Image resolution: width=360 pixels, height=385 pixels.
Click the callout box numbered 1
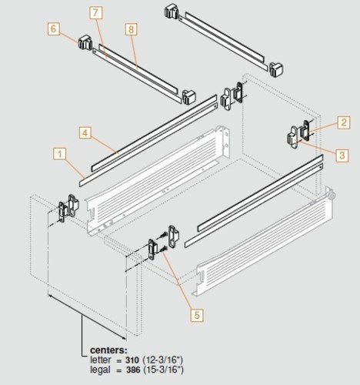click(x=58, y=153)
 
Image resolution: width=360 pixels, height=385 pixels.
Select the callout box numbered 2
click(x=343, y=121)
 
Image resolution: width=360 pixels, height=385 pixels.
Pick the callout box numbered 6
click(x=53, y=28)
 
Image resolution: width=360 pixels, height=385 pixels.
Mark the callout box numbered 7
click(x=95, y=13)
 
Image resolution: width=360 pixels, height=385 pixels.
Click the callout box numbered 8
click(x=131, y=28)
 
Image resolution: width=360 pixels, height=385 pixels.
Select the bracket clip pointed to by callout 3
click(x=293, y=139)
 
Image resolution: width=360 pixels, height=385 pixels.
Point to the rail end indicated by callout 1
click(x=81, y=182)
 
